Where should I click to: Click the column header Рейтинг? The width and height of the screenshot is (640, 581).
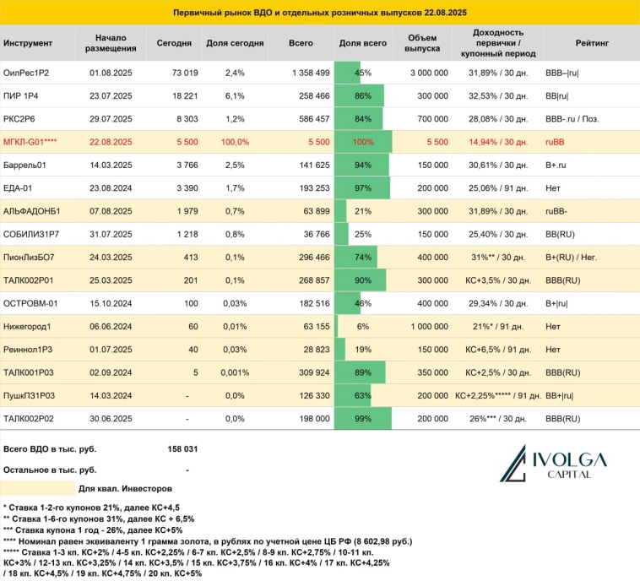pyautogui.click(x=588, y=43)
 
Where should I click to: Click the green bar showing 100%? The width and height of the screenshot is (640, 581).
pyautogui.click(x=363, y=140)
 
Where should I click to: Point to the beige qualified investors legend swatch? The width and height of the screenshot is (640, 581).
pyautogui.click(x=37, y=488)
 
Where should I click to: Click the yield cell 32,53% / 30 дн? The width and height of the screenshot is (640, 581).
pyautogui.click(x=497, y=95)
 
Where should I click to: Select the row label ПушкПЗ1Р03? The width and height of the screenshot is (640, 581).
pyautogui.click(x=30, y=394)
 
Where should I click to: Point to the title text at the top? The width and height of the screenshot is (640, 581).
pyautogui.click(x=319, y=14)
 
